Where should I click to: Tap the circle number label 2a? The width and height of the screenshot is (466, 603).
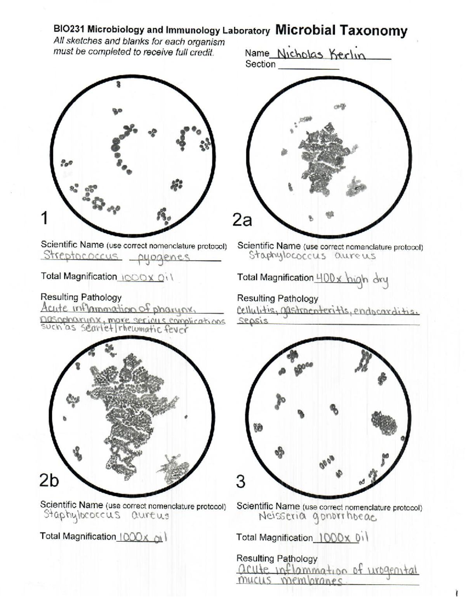(242, 220)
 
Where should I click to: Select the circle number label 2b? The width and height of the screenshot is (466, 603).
(49, 480)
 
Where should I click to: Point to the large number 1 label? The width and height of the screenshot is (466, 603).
(45, 218)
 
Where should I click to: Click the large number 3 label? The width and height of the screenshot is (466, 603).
(241, 481)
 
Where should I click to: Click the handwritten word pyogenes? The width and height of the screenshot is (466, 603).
(160, 257)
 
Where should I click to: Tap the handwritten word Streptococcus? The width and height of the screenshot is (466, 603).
(81, 255)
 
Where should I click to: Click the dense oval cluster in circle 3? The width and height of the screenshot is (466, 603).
(384, 422)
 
